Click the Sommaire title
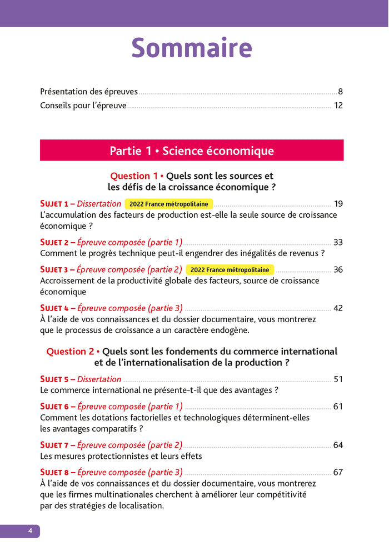[x=192, y=48]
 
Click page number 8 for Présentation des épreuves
[x=340, y=92]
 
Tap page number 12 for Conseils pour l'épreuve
[x=338, y=106]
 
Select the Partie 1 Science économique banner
[x=192, y=151]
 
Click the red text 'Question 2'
[x=70, y=352]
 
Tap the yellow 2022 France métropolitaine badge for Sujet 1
[x=168, y=204]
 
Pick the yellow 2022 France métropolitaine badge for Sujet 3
[x=230, y=270]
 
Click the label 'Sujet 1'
[x=54, y=204]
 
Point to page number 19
[x=338, y=204]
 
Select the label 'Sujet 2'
[x=54, y=242]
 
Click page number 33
[x=338, y=242]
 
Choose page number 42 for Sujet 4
[x=338, y=308]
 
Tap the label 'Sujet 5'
[x=54, y=379]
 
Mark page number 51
[x=338, y=379]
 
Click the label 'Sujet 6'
[x=54, y=407]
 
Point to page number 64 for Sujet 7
[x=338, y=445]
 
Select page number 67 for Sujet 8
[x=338, y=473]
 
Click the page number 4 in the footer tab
[x=31, y=532]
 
